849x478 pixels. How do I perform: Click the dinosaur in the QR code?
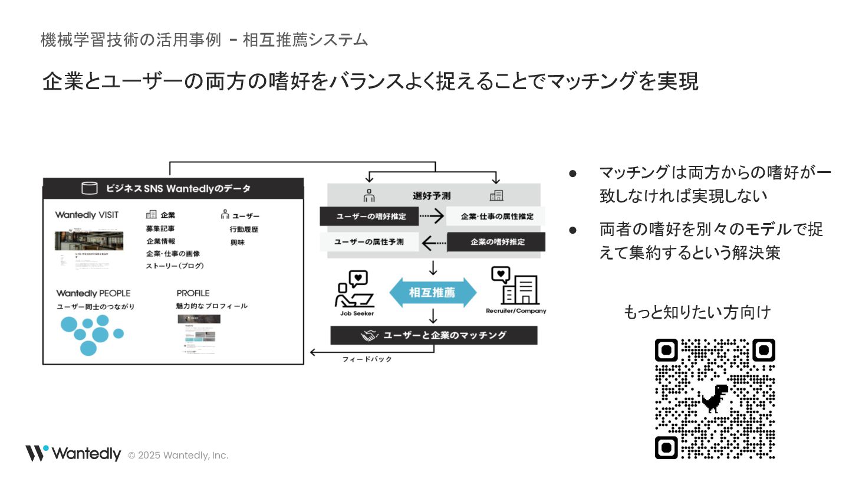coord(715,398)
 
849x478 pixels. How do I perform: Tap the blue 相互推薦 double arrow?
coord(433,293)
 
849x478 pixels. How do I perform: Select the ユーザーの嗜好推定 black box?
coord(369,216)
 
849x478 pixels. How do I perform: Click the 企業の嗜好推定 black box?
coord(496,242)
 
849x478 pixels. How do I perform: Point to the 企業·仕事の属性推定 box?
coord(496,216)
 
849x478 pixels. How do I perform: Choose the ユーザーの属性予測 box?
coord(369,242)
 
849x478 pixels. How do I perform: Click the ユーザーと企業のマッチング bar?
coord(434,335)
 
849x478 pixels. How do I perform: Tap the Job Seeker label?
coord(357,313)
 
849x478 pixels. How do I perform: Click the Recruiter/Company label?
coord(516,311)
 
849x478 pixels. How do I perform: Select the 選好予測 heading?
coord(432,196)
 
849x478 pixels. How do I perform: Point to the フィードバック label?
coord(367,359)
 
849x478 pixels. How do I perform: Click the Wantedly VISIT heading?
coord(87,215)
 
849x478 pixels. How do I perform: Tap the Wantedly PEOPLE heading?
coord(93,293)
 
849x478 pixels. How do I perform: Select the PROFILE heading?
coord(193,293)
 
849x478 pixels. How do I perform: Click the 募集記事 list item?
coord(160,228)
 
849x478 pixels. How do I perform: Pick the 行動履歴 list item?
coord(244,229)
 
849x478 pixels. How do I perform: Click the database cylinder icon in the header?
coord(90,188)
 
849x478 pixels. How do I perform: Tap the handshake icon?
coord(370,335)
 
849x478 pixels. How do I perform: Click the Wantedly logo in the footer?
coord(73,453)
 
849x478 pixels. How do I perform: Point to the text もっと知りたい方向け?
coord(697,312)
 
